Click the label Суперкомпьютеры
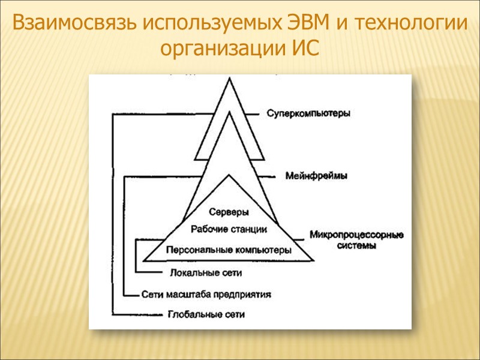[308, 113]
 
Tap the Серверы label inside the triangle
[229, 212]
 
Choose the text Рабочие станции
[229, 229]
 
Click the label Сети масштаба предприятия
[208, 295]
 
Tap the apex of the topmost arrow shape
[229, 79]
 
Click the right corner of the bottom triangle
[313, 261]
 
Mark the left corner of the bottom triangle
[144, 261]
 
